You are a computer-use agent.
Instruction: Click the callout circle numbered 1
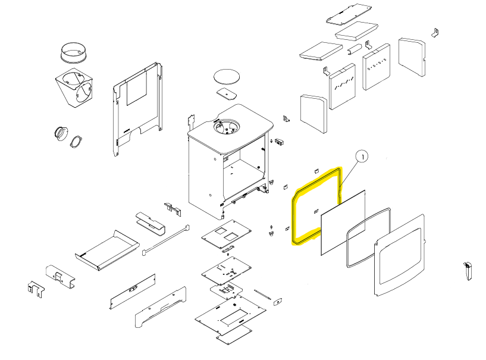pyautogui.click(x=362, y=156)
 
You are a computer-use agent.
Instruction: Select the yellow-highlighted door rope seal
pyautogui.click(x=316, y=206)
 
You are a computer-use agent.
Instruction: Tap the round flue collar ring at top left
pyautogui.click(x=73, y=52)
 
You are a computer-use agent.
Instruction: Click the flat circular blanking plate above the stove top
pyautogui.click(x=227, y=77)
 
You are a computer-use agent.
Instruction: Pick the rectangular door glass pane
pyautogui.click(x=343, y=223)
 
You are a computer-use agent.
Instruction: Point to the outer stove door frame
pyautogui.click(x=400, y=255)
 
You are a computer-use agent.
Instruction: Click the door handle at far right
pyautogui.click(x=468, y=271)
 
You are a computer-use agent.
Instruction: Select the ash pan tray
pyautogui.click(x=107, y=251)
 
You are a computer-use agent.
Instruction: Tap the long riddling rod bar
pyautogui.click(x=165, y=240)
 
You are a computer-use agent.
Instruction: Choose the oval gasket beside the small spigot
pyautogui.click(x=76, y=142)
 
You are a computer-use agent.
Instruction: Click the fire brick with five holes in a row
pyautogui.click(x=377, y=67)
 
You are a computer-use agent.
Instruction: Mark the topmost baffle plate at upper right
pyautogui.click(x=349, y=14)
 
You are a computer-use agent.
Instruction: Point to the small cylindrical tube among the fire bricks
pyautogui.click(x=354, y=49)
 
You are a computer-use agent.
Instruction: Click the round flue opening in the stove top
pyautogui.click(x=227, y=126)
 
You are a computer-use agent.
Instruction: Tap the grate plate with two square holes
pyautogui.click(x=226, y=234)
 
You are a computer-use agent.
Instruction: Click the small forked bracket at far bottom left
pyautogui.click(x=36, y=289)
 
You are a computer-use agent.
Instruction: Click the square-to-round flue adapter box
pyautogui.click(x=74, y=87)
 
